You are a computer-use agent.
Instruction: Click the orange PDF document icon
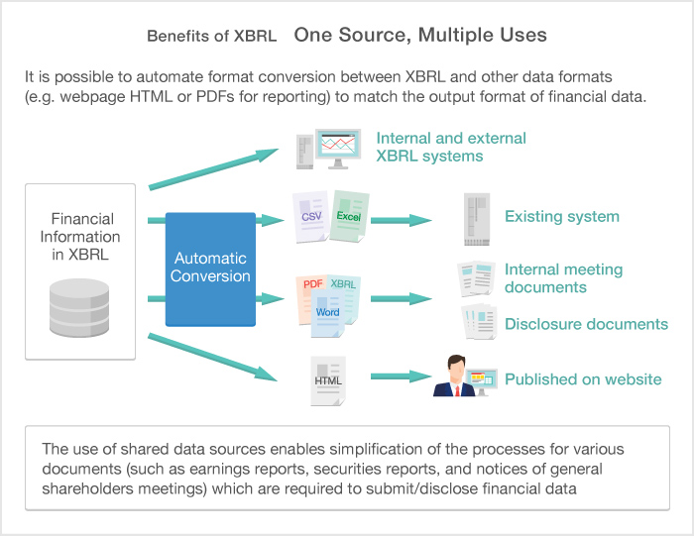[312, 294]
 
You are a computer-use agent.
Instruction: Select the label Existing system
[561, 216]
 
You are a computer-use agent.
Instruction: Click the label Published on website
[583, 378]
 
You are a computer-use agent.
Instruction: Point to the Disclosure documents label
[586, 324]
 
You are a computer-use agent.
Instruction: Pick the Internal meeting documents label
[563, 278]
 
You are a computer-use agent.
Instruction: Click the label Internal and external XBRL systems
[451, 147]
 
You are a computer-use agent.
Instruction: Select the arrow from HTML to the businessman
[401, 377]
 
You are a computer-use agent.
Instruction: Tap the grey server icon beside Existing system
[476, 217]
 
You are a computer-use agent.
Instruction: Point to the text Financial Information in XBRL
[79, 237]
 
